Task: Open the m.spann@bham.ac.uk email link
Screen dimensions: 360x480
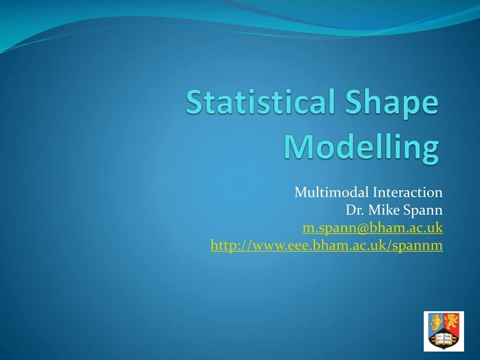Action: [373, 228]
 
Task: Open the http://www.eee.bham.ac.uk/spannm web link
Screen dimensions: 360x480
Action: [326, 245]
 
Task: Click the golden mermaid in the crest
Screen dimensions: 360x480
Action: [436, 323]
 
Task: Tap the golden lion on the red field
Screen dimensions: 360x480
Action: [451, 323]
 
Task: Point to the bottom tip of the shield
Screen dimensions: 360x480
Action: [444, 349]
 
